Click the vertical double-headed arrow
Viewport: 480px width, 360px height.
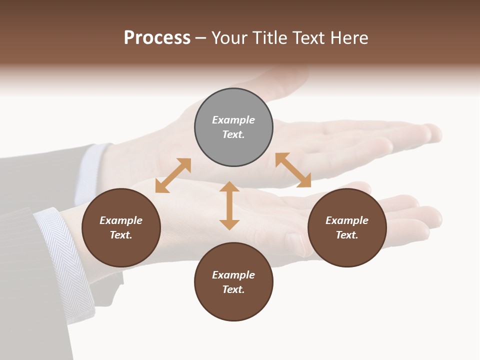point(229,205)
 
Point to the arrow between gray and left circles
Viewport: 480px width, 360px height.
point(173,175)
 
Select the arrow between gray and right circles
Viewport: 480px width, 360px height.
point(293,170)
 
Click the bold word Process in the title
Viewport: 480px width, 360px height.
point(157,38)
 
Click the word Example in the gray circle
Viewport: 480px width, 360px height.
point(233,120)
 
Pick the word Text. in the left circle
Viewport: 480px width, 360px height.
point(121,235)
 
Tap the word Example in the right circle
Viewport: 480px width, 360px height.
point(347,220)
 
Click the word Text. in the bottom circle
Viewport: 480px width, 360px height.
point(233,289)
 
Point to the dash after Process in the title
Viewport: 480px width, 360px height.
point(201,38)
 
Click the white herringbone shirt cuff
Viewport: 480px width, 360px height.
point(67,260)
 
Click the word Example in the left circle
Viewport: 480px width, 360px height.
point(121,220)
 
